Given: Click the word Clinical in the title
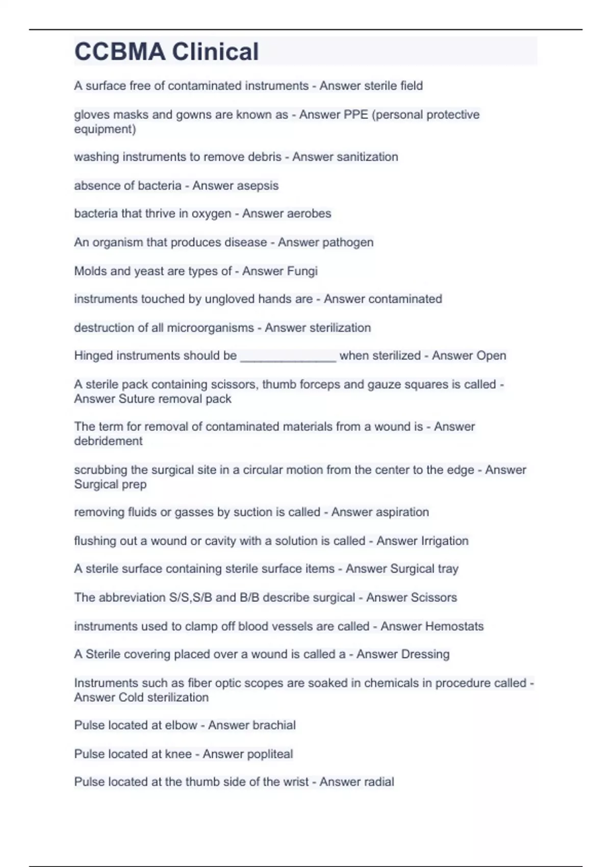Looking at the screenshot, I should point(215,52).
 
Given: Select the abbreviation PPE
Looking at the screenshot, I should point(356,115).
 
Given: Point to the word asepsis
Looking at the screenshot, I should point(257,186).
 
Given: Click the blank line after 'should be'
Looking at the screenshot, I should point(288,356).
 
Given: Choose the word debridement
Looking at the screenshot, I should point(108,441).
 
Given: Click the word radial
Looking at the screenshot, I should point(375,782).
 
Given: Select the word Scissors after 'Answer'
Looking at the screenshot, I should point(431,597).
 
